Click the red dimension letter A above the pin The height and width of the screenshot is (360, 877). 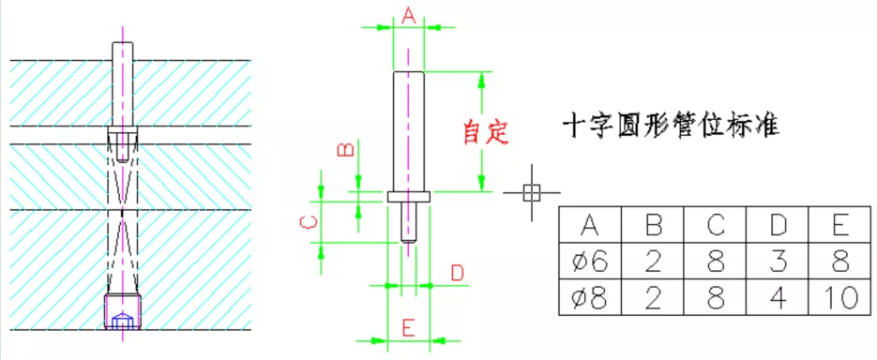(x=408, y=14)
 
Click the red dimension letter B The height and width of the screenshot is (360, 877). (x=345, y=150)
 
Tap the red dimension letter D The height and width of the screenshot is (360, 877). (x=457, y=273)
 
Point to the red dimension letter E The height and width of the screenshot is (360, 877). (x=408, y=327)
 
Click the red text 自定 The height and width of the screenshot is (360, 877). (x=486, y=131)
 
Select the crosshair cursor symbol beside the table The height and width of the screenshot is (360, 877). (x=531, y=192)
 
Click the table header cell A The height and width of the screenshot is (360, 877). (x=589, y=225)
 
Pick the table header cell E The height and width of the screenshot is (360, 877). (x=840, y=225)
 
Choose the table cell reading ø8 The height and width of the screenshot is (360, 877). (x=589, y=298)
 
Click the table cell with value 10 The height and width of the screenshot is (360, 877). (x=840, y=298)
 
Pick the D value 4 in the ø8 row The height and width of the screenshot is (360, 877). (x=778, y=298)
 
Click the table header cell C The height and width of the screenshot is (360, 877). (x=715, y=225)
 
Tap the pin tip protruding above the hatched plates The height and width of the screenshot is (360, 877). (x=123, y=51)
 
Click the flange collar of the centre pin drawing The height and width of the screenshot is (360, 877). (x=408, y=197)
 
